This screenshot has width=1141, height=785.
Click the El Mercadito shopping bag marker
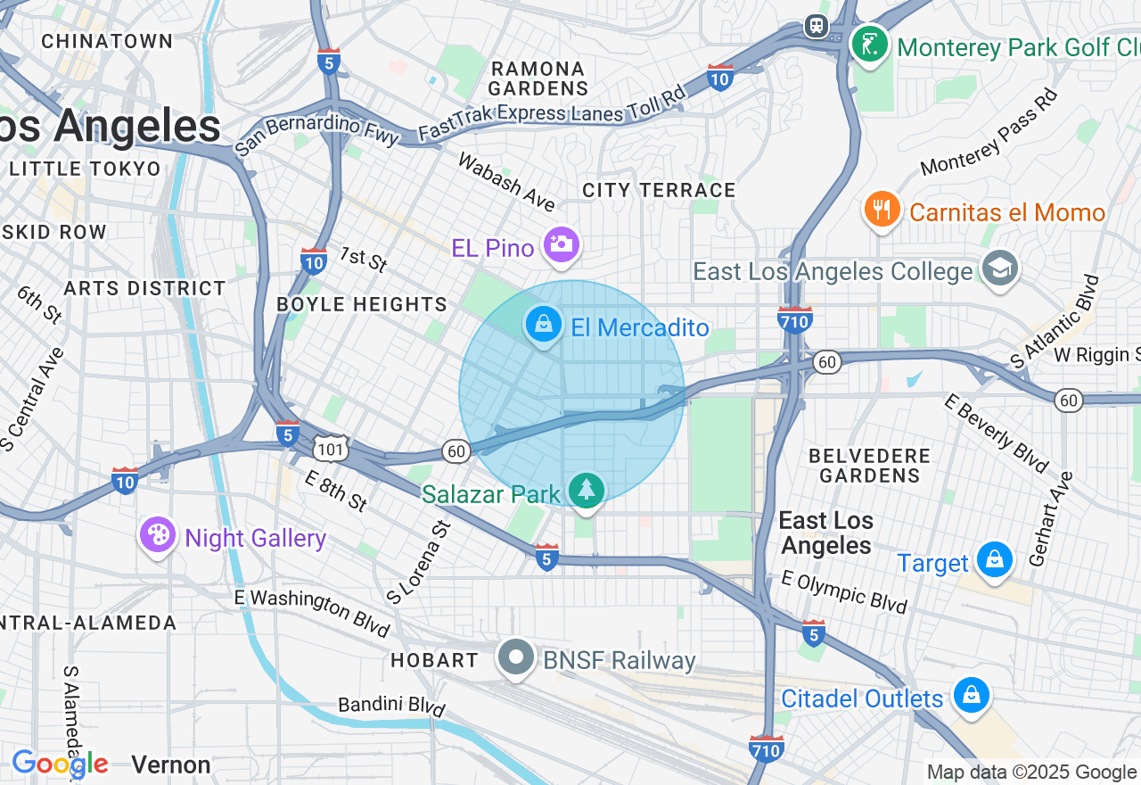(543, 325)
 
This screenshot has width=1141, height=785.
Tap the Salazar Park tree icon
(586, 491)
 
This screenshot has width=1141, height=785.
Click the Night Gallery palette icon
(157, 535)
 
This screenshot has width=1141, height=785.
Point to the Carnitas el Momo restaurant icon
(882, 210)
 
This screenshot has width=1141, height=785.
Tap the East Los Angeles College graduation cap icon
(998, 268)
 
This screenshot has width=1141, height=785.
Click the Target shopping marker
(993, 560)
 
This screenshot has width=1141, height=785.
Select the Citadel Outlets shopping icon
(970, 695)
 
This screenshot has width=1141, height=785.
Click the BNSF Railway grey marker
(515, 658)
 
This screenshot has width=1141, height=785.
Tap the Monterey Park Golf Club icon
(869, 42)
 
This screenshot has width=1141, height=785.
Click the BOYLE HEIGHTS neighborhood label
(362, 304)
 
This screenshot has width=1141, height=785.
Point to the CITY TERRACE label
(659, 190)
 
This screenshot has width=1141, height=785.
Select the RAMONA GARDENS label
(538, 78)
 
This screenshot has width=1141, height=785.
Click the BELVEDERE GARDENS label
(869, 466)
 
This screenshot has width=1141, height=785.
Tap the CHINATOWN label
(107, 41)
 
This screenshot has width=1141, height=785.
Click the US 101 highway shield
(331, 448)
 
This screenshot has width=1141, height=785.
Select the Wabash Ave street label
(505, 181)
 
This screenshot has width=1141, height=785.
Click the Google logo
(60, 764)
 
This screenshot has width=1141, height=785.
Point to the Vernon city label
(171, 764)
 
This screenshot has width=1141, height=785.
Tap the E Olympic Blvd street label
(843, 591)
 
